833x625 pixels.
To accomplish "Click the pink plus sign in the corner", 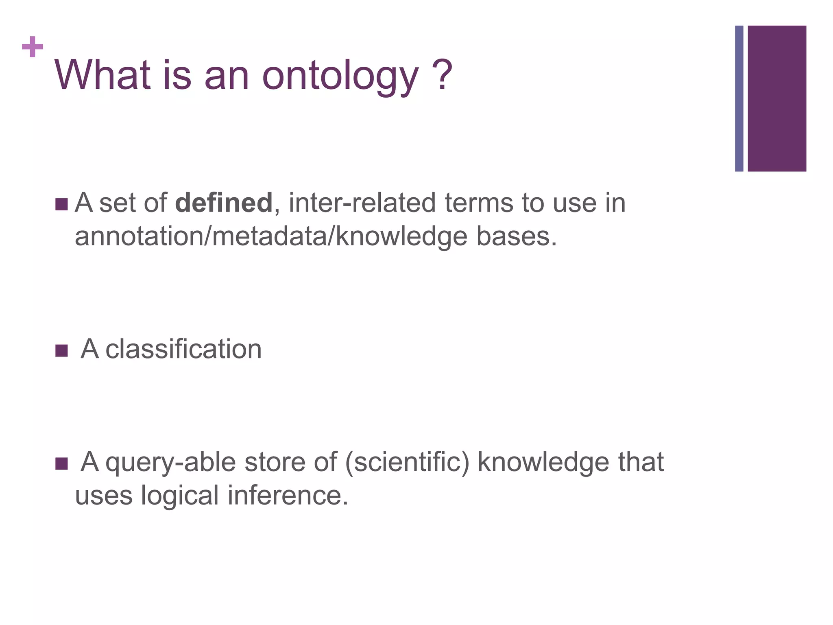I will [x=33, y=47].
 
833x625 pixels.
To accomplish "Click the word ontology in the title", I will [x=340, y=76].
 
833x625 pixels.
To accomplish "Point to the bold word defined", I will [x=223, y=203].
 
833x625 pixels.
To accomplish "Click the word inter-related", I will [x=362, y=203].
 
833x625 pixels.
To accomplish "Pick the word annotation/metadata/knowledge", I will [x=271, y=236].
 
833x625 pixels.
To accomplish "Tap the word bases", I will [x=516, y=236].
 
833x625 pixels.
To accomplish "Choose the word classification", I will [x=183, y=349].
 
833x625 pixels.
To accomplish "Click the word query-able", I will [x=170, y=462].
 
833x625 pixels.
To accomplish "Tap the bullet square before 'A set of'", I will [x=61, y=205].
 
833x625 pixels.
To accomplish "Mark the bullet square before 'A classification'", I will [x=61, y=350].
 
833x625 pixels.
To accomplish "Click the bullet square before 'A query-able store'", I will [x=61, y=463].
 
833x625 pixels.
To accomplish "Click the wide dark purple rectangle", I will [x=777, y=98].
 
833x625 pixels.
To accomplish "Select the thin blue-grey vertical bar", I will [x=739, y=98].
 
